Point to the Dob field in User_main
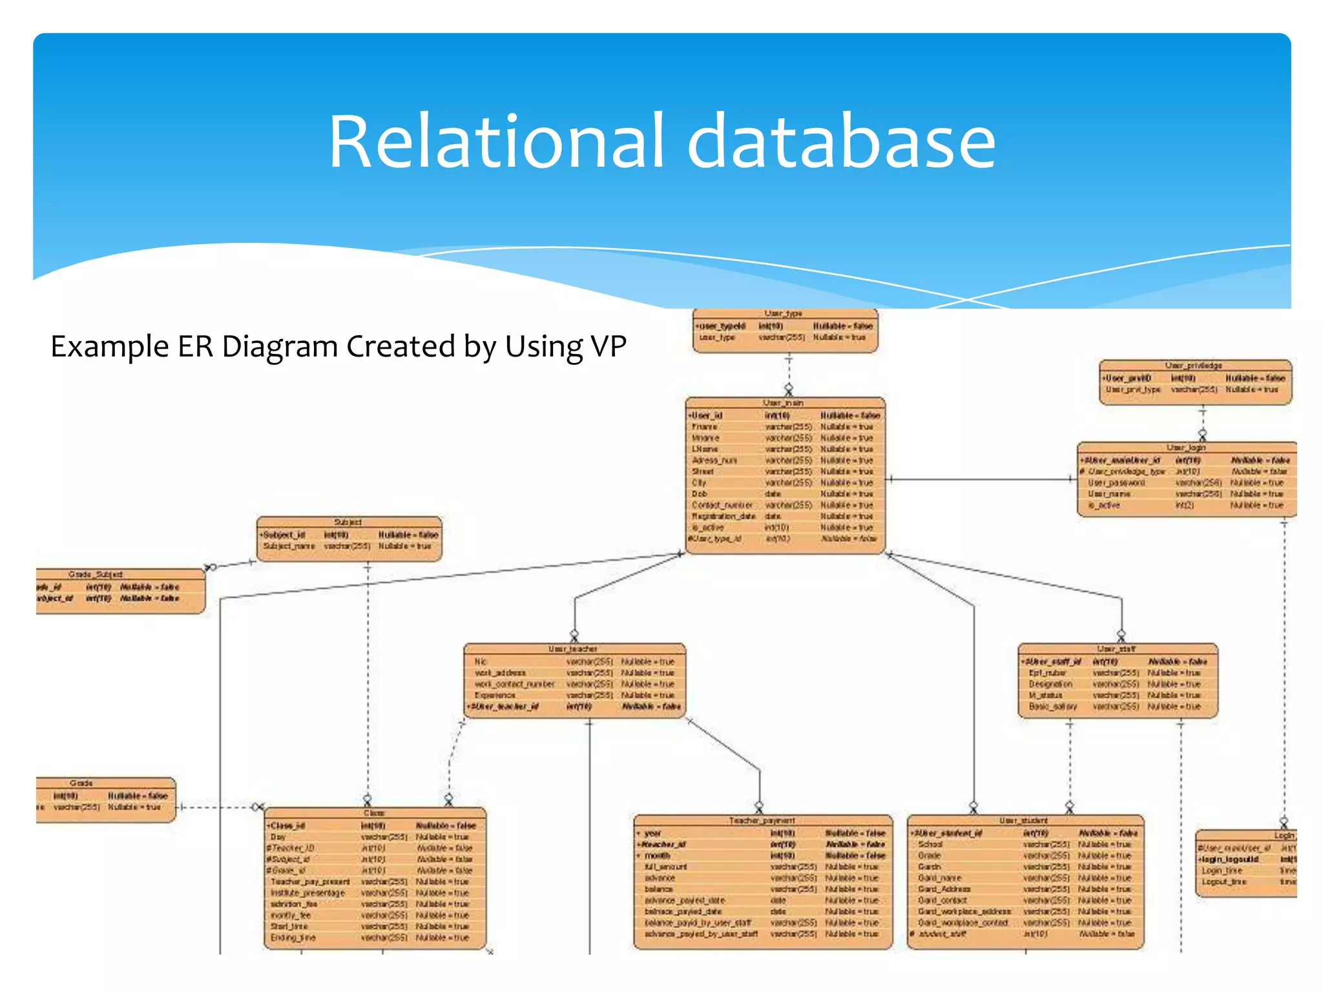pyautogui.click(x=700, y=494)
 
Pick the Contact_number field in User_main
pyautogui.click(x=722, y=505)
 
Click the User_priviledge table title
pyautogui.click(x=1193, y=366)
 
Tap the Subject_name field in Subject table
pyautogui.click(x=289, y=546)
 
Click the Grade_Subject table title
pyautogui.click(x=96, y=574)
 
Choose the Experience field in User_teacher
pyautogui.click(x=495, y=696)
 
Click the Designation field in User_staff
pyautogui.click(x=1050, y=684)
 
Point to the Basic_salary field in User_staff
pyautogui.click(x=1052, y=707)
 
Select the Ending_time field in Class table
pyautogui.click(x=293, y=938)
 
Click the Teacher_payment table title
pyautogui.click(x=762, y=820)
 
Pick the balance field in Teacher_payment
pyautogui.click(x=658, y=889)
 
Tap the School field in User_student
pyautogui.click(x=930, y=844)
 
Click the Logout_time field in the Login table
pyautogui.click(x=1224, y=882)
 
